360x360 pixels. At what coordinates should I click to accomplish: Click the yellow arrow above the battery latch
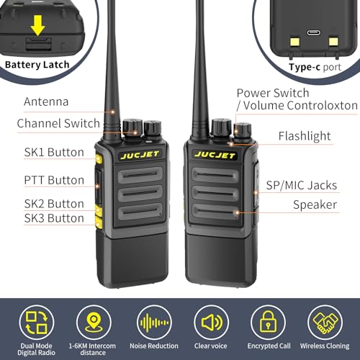click(37, 25)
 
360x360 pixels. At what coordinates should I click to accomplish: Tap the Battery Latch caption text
click(37, 65)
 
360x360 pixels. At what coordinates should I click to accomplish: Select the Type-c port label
click(315, 67)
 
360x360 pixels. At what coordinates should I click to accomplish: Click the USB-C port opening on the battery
click(314, 32)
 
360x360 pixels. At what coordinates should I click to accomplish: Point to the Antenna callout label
click(46, 102)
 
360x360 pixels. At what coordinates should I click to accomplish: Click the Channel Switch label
click(58, 123)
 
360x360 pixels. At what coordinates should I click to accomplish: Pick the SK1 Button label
click(54, 152)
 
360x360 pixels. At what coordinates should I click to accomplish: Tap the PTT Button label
click(54, 180)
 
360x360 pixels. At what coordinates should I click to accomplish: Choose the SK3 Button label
click(54, 218)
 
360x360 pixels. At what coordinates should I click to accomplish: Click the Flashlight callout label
click(305, 136)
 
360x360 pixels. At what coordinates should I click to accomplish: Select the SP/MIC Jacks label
click(302, 185)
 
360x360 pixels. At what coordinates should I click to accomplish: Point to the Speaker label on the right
click(315, 205)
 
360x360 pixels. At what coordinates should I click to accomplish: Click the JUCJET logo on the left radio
click(140, 155)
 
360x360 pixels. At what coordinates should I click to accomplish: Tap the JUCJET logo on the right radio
click(215, 155)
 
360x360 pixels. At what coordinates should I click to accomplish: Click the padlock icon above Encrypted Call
click(269, 322)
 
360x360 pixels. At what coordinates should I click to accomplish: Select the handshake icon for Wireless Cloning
click(325, 323)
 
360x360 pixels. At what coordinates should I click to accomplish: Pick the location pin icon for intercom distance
click(94, 322)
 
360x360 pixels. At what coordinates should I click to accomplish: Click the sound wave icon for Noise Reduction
click(154, 323)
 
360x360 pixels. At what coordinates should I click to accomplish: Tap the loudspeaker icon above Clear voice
click(211, 323)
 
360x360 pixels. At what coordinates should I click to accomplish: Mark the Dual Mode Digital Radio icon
click(37, 323)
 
